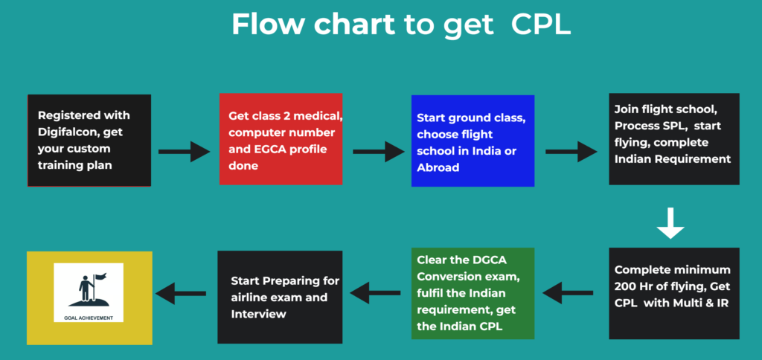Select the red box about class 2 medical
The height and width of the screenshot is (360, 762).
click(281, 139)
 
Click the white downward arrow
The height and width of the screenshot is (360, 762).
click(670, 223)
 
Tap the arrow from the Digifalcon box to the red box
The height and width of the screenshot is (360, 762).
click(185, 152)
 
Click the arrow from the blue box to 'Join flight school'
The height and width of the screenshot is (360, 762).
click(571, 152)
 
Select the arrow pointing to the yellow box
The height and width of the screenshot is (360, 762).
click(180, 292)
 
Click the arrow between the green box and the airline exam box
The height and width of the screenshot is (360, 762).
click(376, 292)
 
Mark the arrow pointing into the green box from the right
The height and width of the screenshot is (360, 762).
click(569, 292)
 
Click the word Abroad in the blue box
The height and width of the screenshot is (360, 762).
click(437, 167)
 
